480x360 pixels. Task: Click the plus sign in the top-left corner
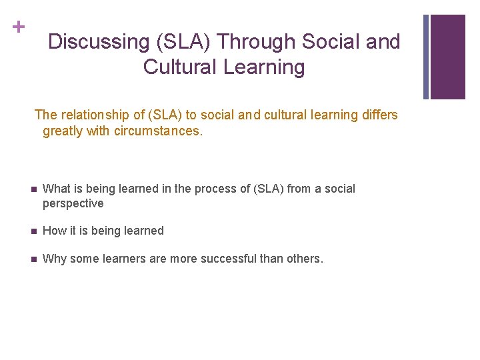(18, 27)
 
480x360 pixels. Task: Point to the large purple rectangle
(448, 57)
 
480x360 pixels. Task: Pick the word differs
(379, 115)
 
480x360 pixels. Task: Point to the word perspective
(73, 204)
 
